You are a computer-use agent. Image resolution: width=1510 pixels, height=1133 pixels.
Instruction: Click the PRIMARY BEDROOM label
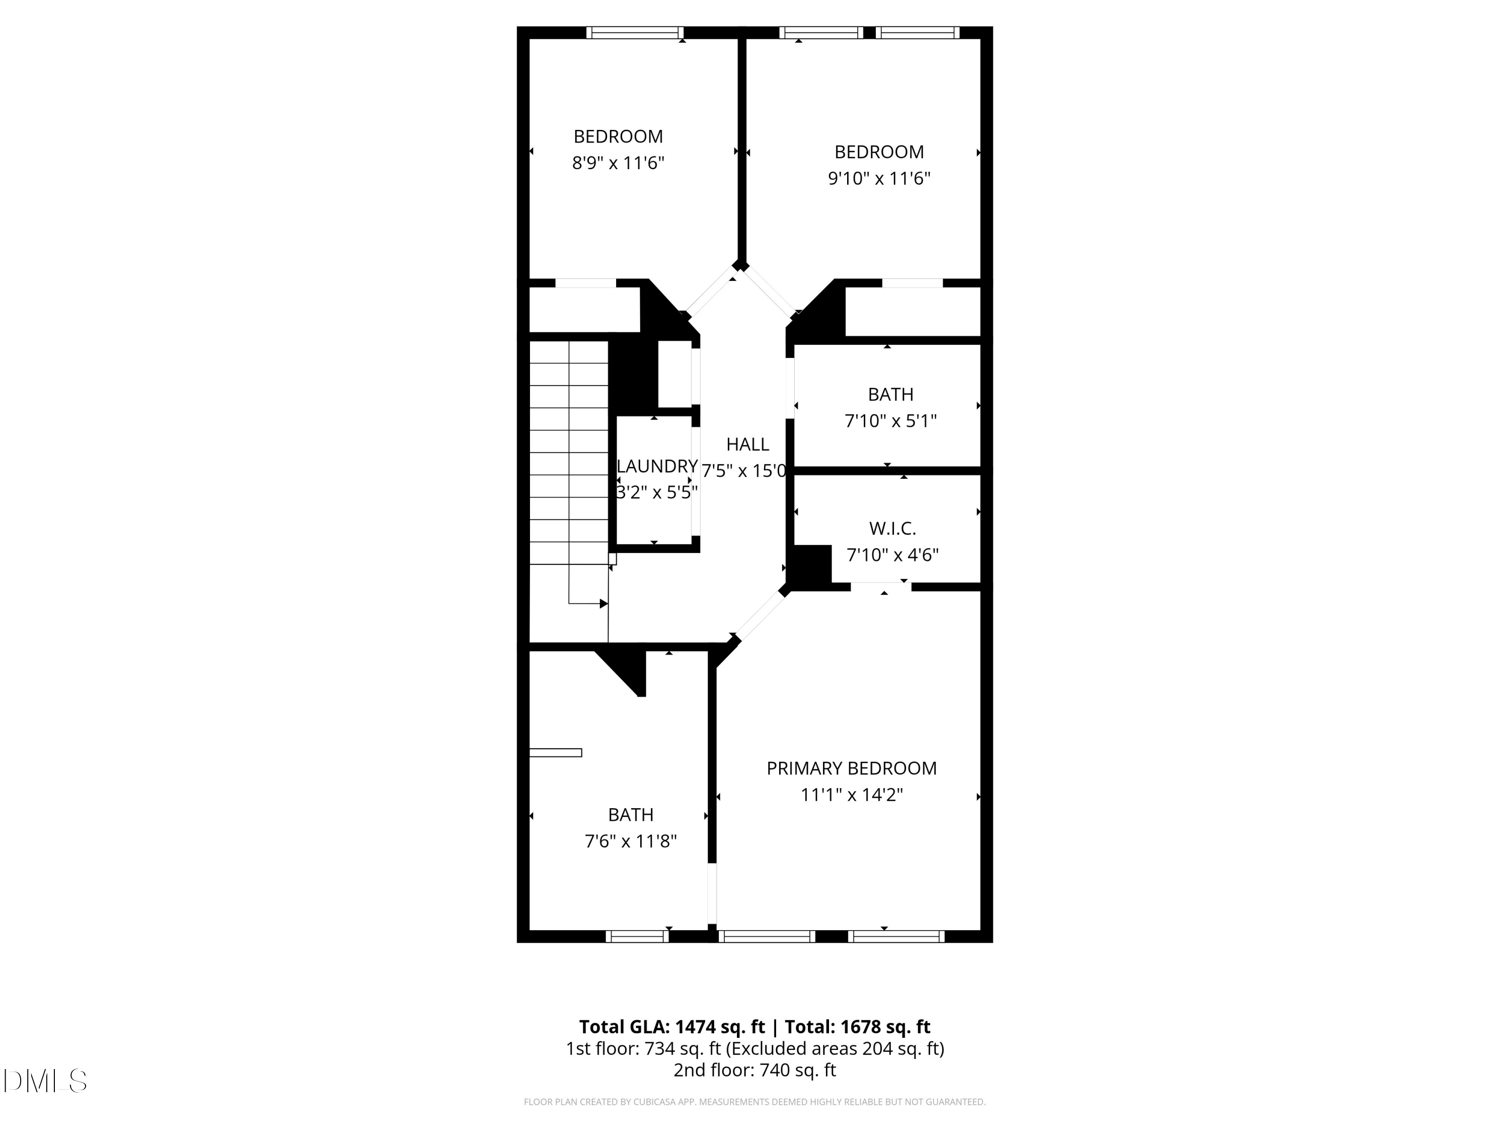coord(851,768)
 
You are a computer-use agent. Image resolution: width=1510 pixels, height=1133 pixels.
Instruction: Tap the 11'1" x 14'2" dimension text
coord(851,795)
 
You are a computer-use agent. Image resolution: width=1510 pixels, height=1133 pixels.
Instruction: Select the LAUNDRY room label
coord(657,466)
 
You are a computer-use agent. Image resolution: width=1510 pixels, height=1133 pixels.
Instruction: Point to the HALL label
coord(747,445)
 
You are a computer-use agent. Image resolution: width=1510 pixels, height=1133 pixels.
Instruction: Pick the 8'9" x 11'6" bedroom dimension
coord(618,163)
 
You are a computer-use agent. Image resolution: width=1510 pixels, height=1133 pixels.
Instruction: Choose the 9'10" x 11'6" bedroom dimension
coord(879,178)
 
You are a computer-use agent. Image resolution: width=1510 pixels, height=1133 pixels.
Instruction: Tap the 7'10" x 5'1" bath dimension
coord(890,420)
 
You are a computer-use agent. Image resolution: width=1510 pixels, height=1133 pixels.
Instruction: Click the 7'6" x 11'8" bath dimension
coord(631,841)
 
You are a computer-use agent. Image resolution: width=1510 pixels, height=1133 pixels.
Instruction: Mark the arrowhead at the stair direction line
coord(603,604)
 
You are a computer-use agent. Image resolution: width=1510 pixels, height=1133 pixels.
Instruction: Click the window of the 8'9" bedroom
coord(635,32)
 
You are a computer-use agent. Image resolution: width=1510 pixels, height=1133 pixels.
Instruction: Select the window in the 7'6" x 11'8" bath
coord(637,936)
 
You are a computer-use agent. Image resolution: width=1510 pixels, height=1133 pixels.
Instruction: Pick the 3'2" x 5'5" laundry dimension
coord(657,492)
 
